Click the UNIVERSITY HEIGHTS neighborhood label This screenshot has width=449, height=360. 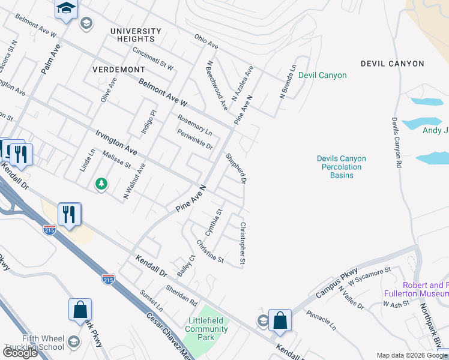135,35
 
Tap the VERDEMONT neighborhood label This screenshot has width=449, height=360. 119,70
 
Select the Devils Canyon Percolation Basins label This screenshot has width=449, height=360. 342,167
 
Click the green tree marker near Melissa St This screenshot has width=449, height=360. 101,184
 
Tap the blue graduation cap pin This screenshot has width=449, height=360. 67,10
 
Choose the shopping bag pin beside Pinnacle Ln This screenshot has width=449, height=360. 280,320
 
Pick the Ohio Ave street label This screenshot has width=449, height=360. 206,41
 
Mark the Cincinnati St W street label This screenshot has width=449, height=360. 153,59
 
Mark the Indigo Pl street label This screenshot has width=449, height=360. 148,121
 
